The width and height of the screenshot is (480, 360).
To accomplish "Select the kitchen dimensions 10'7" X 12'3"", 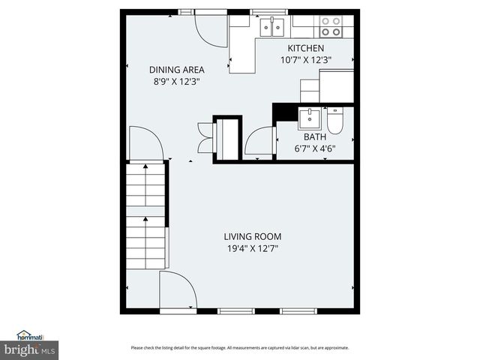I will click(305, 60).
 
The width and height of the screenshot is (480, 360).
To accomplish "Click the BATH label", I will click(314, 137).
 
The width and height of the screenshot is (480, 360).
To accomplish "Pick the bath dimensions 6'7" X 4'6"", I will click(314, 148).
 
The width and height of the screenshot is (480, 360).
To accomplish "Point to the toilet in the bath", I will click(335, 121).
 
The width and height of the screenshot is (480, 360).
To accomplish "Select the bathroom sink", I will click(309, 118).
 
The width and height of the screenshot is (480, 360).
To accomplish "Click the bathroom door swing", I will click(259, 142).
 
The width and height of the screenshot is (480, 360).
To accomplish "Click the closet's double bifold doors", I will click(205, 137).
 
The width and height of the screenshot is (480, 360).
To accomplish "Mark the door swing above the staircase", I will click(145, 144).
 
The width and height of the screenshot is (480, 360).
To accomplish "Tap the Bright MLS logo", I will click(29, 349).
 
